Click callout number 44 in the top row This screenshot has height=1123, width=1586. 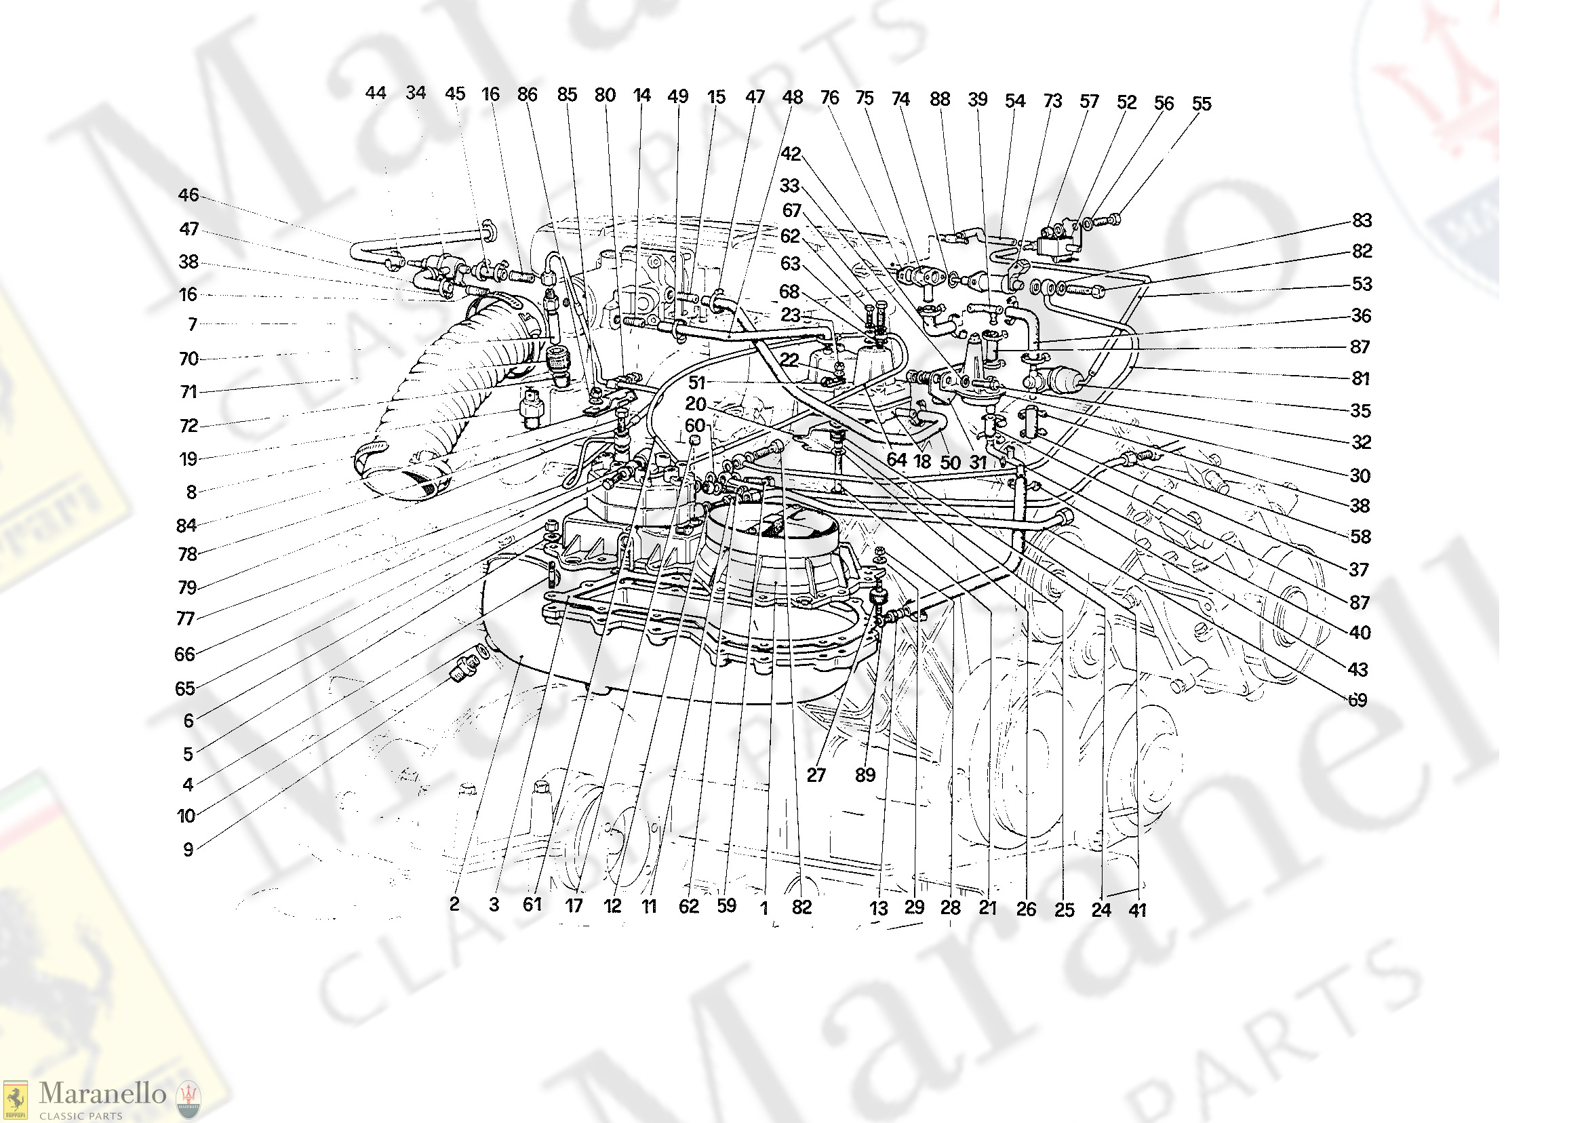[376, 93]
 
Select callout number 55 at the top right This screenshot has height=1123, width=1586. [1202, 104]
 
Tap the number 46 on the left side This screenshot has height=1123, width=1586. [189, 195]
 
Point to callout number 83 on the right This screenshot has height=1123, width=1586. [1362, 220]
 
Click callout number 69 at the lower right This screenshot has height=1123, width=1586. [1358, 701]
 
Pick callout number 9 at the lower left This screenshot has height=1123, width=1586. [188, 850]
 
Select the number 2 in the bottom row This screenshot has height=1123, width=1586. [454, 905]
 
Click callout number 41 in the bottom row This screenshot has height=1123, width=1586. [1137, 910]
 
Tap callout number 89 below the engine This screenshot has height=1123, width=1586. [865, 775]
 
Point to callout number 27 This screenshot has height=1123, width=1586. [816, 775]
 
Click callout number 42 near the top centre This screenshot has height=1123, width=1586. [791, 154]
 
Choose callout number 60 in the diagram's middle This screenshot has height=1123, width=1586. [695, 426]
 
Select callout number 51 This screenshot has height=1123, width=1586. [697, 382]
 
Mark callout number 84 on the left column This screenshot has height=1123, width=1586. [186, 526]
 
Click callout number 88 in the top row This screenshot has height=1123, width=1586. [940, 99]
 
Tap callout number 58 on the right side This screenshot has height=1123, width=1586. [1360, 536]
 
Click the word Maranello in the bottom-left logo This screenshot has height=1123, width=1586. [102, 1093]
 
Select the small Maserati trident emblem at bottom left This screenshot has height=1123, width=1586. [188, 1099]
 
